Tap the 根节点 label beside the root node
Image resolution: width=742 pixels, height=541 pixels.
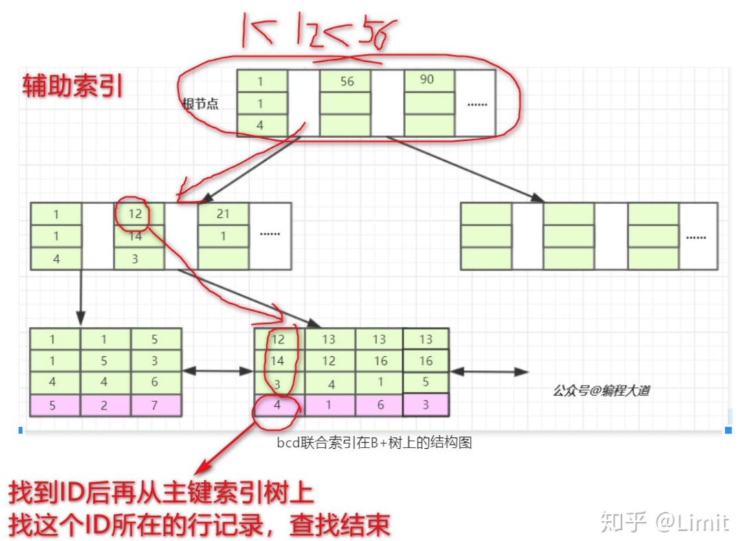[x=200, y=104]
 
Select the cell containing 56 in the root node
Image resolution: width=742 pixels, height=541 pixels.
[x=346, y=82]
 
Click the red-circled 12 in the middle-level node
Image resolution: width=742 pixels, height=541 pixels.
[x=135, y=214]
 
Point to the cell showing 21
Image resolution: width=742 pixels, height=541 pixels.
[x=223, y=214]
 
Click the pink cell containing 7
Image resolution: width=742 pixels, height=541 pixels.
[x=155, y=406]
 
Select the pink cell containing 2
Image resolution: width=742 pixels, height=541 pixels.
[x=104, y=406]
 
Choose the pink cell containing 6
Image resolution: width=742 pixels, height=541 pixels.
[x=379, y=406]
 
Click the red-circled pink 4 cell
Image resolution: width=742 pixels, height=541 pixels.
[x=278, y=406]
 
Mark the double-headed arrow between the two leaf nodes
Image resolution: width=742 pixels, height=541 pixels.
[x=218, y=371]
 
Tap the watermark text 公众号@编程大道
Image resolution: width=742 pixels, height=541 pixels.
[x=601, y=391]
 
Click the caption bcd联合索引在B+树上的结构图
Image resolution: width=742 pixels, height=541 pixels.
[x=374, y=443]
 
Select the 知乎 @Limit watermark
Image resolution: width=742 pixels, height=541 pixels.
[x=664, y=522]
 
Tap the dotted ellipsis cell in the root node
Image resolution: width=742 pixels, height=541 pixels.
[x=475, y=104]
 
